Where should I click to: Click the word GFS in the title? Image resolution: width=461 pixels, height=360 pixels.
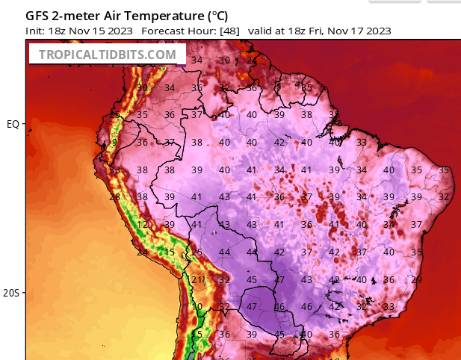pos(38,16)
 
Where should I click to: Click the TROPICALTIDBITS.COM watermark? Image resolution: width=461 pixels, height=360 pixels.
pos(107,55)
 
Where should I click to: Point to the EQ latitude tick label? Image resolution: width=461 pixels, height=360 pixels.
pos(13,124)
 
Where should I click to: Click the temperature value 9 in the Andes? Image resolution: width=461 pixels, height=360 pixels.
pos(115,143)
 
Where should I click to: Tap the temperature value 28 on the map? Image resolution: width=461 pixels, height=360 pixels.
pos(114,197)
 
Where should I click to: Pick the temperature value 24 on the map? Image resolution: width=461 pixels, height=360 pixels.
pos(142,252)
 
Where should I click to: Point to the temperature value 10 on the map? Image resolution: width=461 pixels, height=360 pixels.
pos(197,307)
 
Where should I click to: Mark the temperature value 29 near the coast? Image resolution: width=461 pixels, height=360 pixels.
pos(416,279)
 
